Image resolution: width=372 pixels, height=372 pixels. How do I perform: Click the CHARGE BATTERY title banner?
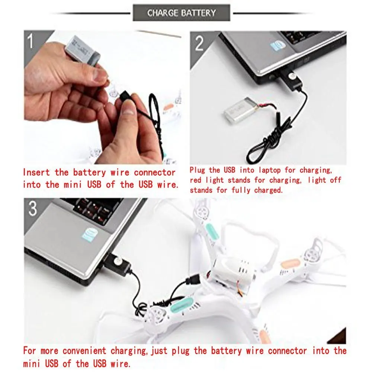coord(181,13)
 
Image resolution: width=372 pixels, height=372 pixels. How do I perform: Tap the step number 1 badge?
coord(31,41)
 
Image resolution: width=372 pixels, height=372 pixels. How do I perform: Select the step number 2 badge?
coord(199,44)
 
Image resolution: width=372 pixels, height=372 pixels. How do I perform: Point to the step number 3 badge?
coord(32,209)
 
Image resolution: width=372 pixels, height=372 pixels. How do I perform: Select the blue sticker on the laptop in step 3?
coord(90,235)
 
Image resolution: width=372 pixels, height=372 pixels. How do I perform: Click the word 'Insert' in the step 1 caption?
coord(36,172)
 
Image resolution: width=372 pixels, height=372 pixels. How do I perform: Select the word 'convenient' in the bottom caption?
coord(84,351)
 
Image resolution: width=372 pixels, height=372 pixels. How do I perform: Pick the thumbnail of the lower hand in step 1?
coord(128,108)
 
